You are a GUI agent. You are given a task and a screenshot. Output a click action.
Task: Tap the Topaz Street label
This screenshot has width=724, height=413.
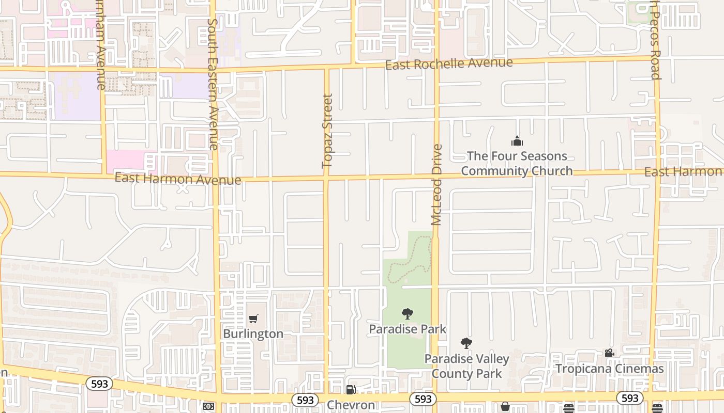point(327,131)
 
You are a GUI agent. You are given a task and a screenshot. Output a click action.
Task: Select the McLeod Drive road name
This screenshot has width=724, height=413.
point(437,185)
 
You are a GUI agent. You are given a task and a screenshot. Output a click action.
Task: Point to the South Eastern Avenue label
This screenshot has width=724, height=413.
point(213,84)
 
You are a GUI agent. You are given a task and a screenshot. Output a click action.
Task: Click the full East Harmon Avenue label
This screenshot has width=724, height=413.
point(178,179)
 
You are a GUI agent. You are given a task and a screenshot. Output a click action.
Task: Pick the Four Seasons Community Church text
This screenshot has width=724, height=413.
point(517,163)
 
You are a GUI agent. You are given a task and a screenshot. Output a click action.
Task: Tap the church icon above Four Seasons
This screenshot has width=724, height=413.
point(517,141)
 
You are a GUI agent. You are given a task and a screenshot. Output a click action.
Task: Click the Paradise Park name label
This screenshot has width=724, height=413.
point(408,329)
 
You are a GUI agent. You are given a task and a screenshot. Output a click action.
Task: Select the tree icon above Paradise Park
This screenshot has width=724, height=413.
point(408,313)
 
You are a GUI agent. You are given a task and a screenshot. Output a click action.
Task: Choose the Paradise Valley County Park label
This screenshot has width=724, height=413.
point(466,366)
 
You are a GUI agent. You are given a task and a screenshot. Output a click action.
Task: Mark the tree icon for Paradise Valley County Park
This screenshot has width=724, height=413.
point(466,343)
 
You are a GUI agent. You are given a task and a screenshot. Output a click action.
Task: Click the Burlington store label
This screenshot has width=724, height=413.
point(253,334)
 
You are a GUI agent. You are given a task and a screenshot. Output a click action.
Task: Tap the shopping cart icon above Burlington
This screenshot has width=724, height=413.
point(253,319)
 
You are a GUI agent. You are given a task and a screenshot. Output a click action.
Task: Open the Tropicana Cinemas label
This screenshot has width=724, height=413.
point(610,369)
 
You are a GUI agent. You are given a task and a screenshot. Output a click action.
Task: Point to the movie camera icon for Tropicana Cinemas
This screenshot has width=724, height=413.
point(610,353)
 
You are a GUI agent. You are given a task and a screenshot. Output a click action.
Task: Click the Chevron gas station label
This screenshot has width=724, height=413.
point(351,405)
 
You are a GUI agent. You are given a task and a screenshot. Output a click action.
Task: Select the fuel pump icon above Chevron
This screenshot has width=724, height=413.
point(351,390)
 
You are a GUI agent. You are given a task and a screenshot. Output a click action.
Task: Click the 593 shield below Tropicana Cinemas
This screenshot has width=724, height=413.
point(629,398)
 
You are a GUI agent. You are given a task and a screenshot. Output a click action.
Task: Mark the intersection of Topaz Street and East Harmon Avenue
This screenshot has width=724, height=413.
point(326,178)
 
